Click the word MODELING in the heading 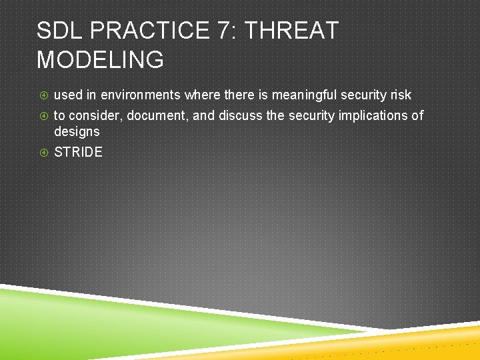[100, 60]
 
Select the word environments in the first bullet [140, 95]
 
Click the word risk [399, 95]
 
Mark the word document [157, 116]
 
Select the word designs [77, 132]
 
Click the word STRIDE [78, 152]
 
